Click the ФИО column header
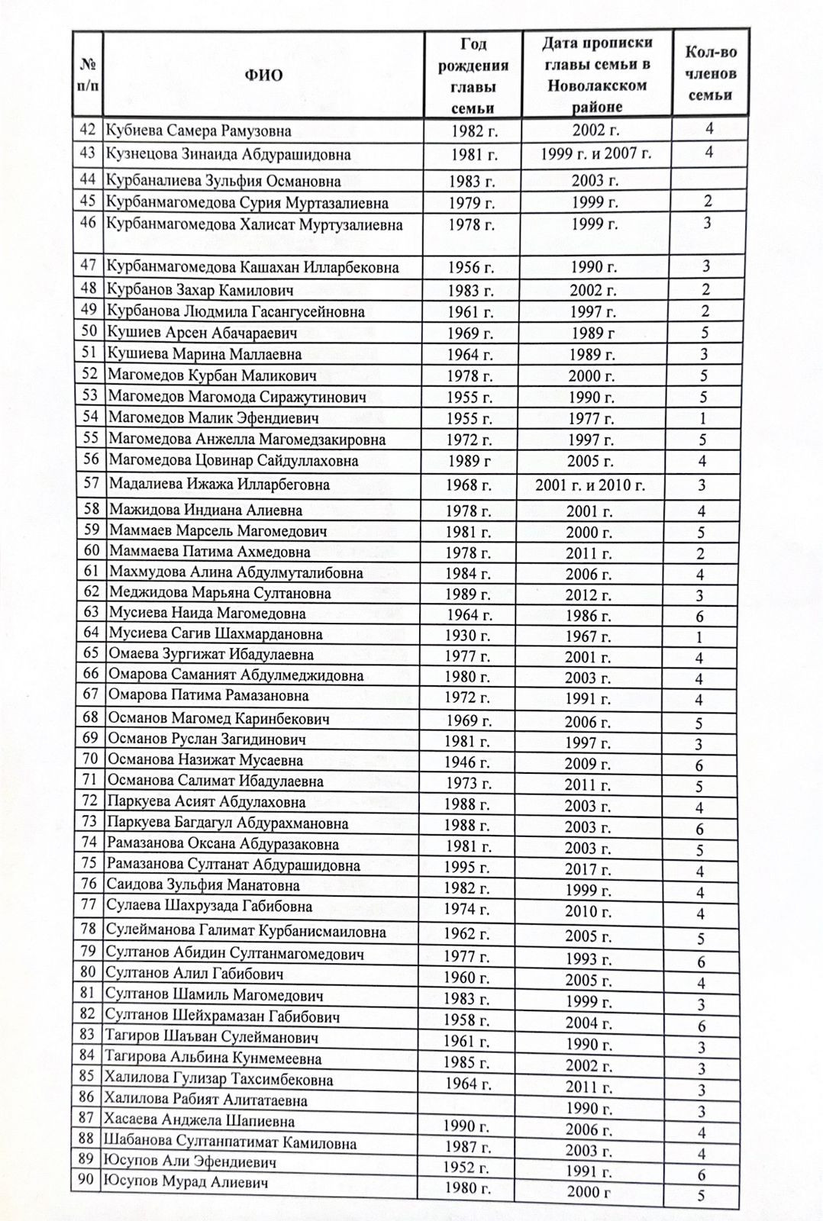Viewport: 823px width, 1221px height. [x=263, y=75]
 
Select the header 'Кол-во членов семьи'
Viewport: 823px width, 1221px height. [x=710, y=74]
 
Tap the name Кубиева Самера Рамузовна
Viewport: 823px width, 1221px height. [x=198, y=130]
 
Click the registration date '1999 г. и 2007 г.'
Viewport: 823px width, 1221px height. [x=595, y=154]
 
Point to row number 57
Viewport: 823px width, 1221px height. [x=91, y=484]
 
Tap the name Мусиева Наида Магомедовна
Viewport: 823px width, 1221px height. [x=207, y=614]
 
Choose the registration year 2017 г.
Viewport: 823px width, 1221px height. [x=588, y=869]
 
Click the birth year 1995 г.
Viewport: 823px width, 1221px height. [x=467, y=867]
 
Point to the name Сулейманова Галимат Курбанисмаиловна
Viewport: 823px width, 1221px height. [x=245, y=932]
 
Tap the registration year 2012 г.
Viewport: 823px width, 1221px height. [x=589, y=595]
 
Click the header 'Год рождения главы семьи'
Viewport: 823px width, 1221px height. [x=473, y=75]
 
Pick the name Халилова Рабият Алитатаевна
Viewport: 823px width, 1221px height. [x=206, y=1100]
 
